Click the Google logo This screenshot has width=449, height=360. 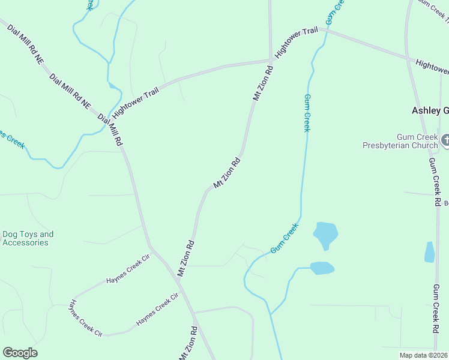pos(20,353)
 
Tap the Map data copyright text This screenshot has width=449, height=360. pos(424,355)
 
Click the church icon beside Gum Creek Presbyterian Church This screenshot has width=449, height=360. pos(445,140)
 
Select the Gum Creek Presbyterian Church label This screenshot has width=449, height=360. pos(400,140)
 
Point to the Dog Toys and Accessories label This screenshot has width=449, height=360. pos(28,238)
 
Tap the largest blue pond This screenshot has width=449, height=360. pos(325,234)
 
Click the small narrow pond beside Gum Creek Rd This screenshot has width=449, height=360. pos(429,252)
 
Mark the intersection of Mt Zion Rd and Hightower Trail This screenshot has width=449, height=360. pos(271,60)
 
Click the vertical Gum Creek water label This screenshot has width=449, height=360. pos(307,113)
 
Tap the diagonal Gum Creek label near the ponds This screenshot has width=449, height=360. pos(284,238)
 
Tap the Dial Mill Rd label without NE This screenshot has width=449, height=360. pos(110,130)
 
